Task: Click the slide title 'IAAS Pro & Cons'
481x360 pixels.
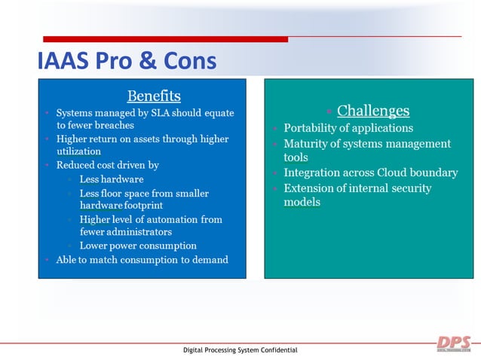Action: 127,61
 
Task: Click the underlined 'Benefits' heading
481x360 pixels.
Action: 153,96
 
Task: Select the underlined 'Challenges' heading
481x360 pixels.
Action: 373,111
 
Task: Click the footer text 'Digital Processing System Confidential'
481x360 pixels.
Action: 240,350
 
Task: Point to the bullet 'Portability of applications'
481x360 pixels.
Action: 348,128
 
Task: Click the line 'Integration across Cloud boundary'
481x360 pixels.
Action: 370,172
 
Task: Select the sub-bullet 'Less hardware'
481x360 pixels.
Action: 111,179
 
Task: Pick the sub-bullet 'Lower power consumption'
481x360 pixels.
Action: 138,246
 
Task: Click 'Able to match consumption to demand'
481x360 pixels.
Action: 142,260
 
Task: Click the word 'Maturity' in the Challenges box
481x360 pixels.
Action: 307,143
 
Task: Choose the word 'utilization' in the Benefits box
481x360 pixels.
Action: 78,151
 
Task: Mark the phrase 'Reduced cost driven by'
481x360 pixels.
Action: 107,165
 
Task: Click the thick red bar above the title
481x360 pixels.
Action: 165,39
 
